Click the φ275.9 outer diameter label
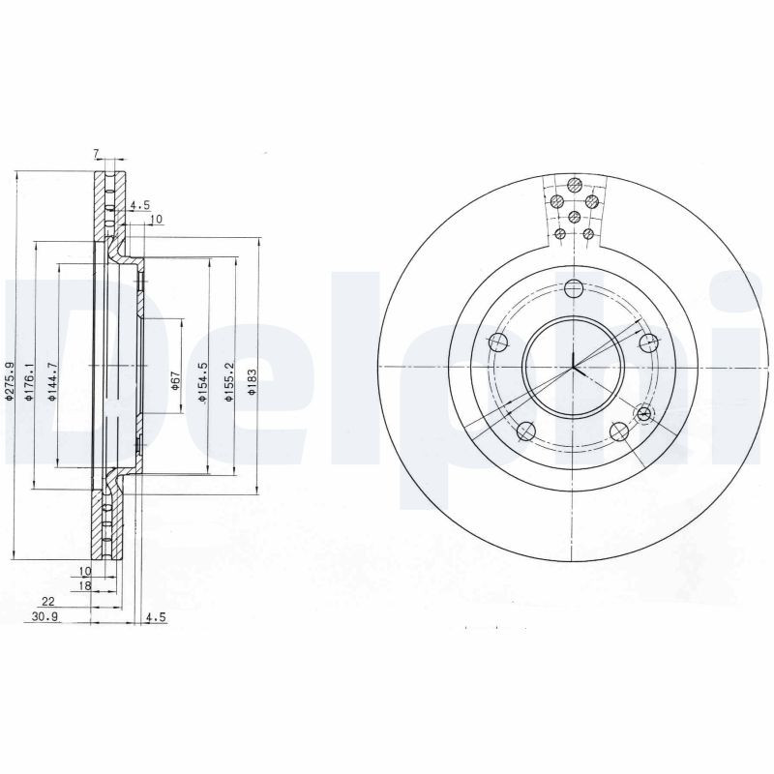tap(8, 379)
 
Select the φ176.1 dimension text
tap(29, 379)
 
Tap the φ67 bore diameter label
tap(176, 379)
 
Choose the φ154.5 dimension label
tap(202, 379)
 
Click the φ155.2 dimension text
tap(228, 379)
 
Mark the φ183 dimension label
tap(252, 379)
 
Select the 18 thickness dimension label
tap(85, 585)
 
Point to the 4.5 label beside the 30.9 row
tap(154, 617)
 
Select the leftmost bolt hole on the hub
tap(498, 342)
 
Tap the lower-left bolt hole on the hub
tap(526, 431)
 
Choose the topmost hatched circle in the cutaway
tap(575, 185)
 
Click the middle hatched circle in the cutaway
tap(575, 217)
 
